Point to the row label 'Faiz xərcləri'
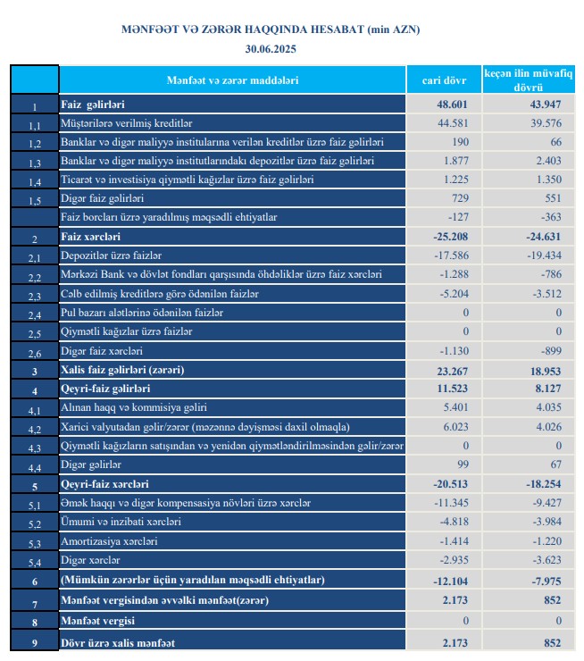coord(90,237)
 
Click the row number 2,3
coord(35,296)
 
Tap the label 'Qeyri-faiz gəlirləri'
coord(105,389)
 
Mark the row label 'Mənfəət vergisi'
coord(96,620)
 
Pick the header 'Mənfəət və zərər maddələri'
coord(232,80)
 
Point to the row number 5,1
coord(35,506)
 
